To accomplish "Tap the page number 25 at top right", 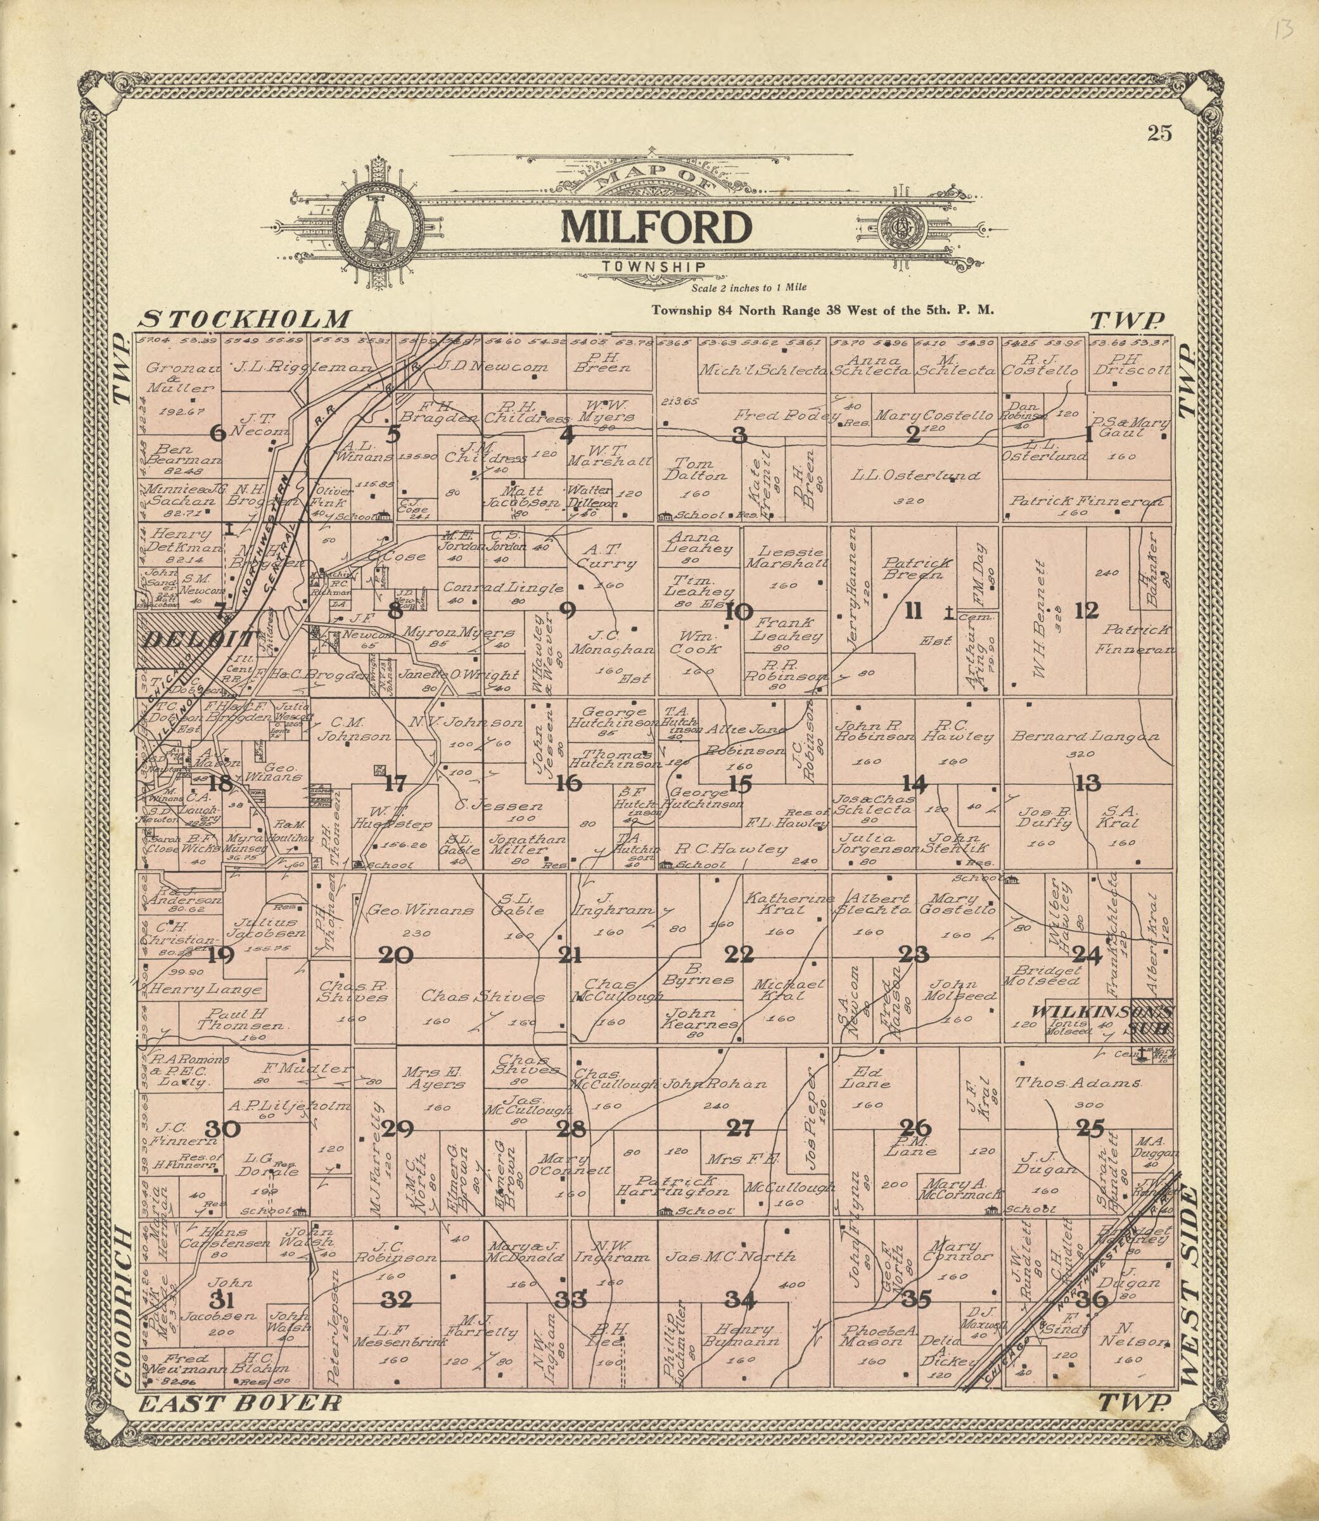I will click(1159, 133).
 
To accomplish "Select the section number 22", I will click(739, 955).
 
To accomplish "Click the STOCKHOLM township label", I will click(246, 319).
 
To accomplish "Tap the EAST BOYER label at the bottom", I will click(240, 1425).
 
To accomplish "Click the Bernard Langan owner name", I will click(1085, 736).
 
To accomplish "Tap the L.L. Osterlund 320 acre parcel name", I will click(915, 476).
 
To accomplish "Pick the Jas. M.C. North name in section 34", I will click(731, 1257).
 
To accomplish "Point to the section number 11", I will click(913, 611).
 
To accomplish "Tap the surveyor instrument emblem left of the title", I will click(380, 224).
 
